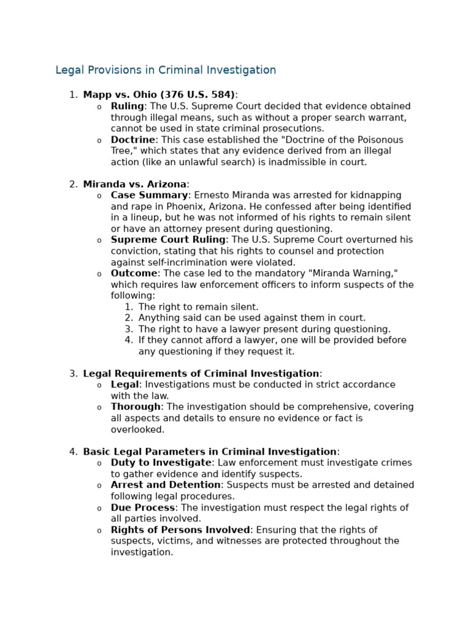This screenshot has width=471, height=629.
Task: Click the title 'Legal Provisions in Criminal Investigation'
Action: (x=166, y=70)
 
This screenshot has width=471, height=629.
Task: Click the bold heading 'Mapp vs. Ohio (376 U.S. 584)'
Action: (x=159, y=95)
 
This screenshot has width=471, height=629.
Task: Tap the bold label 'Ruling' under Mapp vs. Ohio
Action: (x=127, y=106)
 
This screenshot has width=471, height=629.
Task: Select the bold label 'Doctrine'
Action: (x=132, y=140)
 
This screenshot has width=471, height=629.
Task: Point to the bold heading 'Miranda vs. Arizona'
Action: (x=134, y=184)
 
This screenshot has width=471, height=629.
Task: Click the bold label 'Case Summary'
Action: (x=149, y=195)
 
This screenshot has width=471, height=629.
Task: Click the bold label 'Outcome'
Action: (x=134, y=273)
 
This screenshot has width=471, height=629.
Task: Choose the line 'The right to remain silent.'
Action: (x=198, y=307)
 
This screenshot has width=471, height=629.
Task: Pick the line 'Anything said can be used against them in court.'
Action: (x=251, y=318)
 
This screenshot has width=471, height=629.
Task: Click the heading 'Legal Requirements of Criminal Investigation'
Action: (x=201, y=373)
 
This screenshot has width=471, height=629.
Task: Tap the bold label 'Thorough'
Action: (x=136, y=407)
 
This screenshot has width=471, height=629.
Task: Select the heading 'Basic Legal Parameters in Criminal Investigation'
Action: (x=209, y=452)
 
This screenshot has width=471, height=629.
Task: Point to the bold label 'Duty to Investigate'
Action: (x=161, y=463)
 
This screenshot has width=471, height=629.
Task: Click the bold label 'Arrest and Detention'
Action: (x=166, y=485)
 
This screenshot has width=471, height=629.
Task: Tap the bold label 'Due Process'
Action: (x=143, y=508)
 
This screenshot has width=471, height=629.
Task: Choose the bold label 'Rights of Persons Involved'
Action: (x=180, y=530)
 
